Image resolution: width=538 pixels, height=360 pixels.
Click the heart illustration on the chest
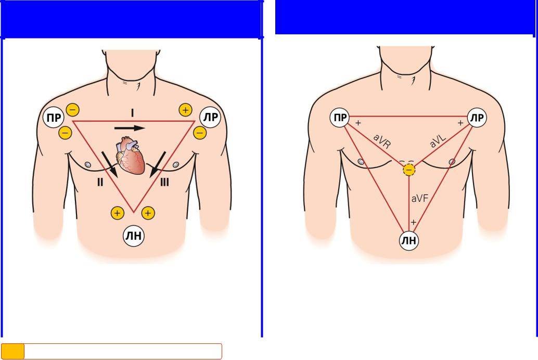(131, 156)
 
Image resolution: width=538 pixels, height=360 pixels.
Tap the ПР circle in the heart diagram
(54, 118)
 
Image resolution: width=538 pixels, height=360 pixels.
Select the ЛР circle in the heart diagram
(210, 118)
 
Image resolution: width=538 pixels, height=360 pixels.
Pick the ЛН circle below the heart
(133, 236)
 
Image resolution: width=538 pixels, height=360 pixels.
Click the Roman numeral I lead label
(132, 113)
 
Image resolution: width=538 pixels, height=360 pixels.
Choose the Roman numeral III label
(164, 182)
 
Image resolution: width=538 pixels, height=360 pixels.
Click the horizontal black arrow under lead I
(130, 127)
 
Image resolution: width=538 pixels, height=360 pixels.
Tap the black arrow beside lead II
(111, 165)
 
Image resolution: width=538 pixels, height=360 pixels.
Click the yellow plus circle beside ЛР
(185, 110)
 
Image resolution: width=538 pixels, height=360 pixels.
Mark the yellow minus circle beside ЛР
(199, 133)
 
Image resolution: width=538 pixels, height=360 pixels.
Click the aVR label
(382, 141)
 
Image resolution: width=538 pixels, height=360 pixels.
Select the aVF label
(419, 198)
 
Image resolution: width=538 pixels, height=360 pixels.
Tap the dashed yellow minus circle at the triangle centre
(409, 170)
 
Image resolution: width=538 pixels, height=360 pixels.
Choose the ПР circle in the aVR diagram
(340, 118)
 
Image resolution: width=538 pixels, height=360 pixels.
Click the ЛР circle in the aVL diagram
(477, 118)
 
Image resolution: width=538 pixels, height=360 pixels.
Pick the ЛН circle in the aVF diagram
(409, 240)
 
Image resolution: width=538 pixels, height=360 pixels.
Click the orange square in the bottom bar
(13, 351)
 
